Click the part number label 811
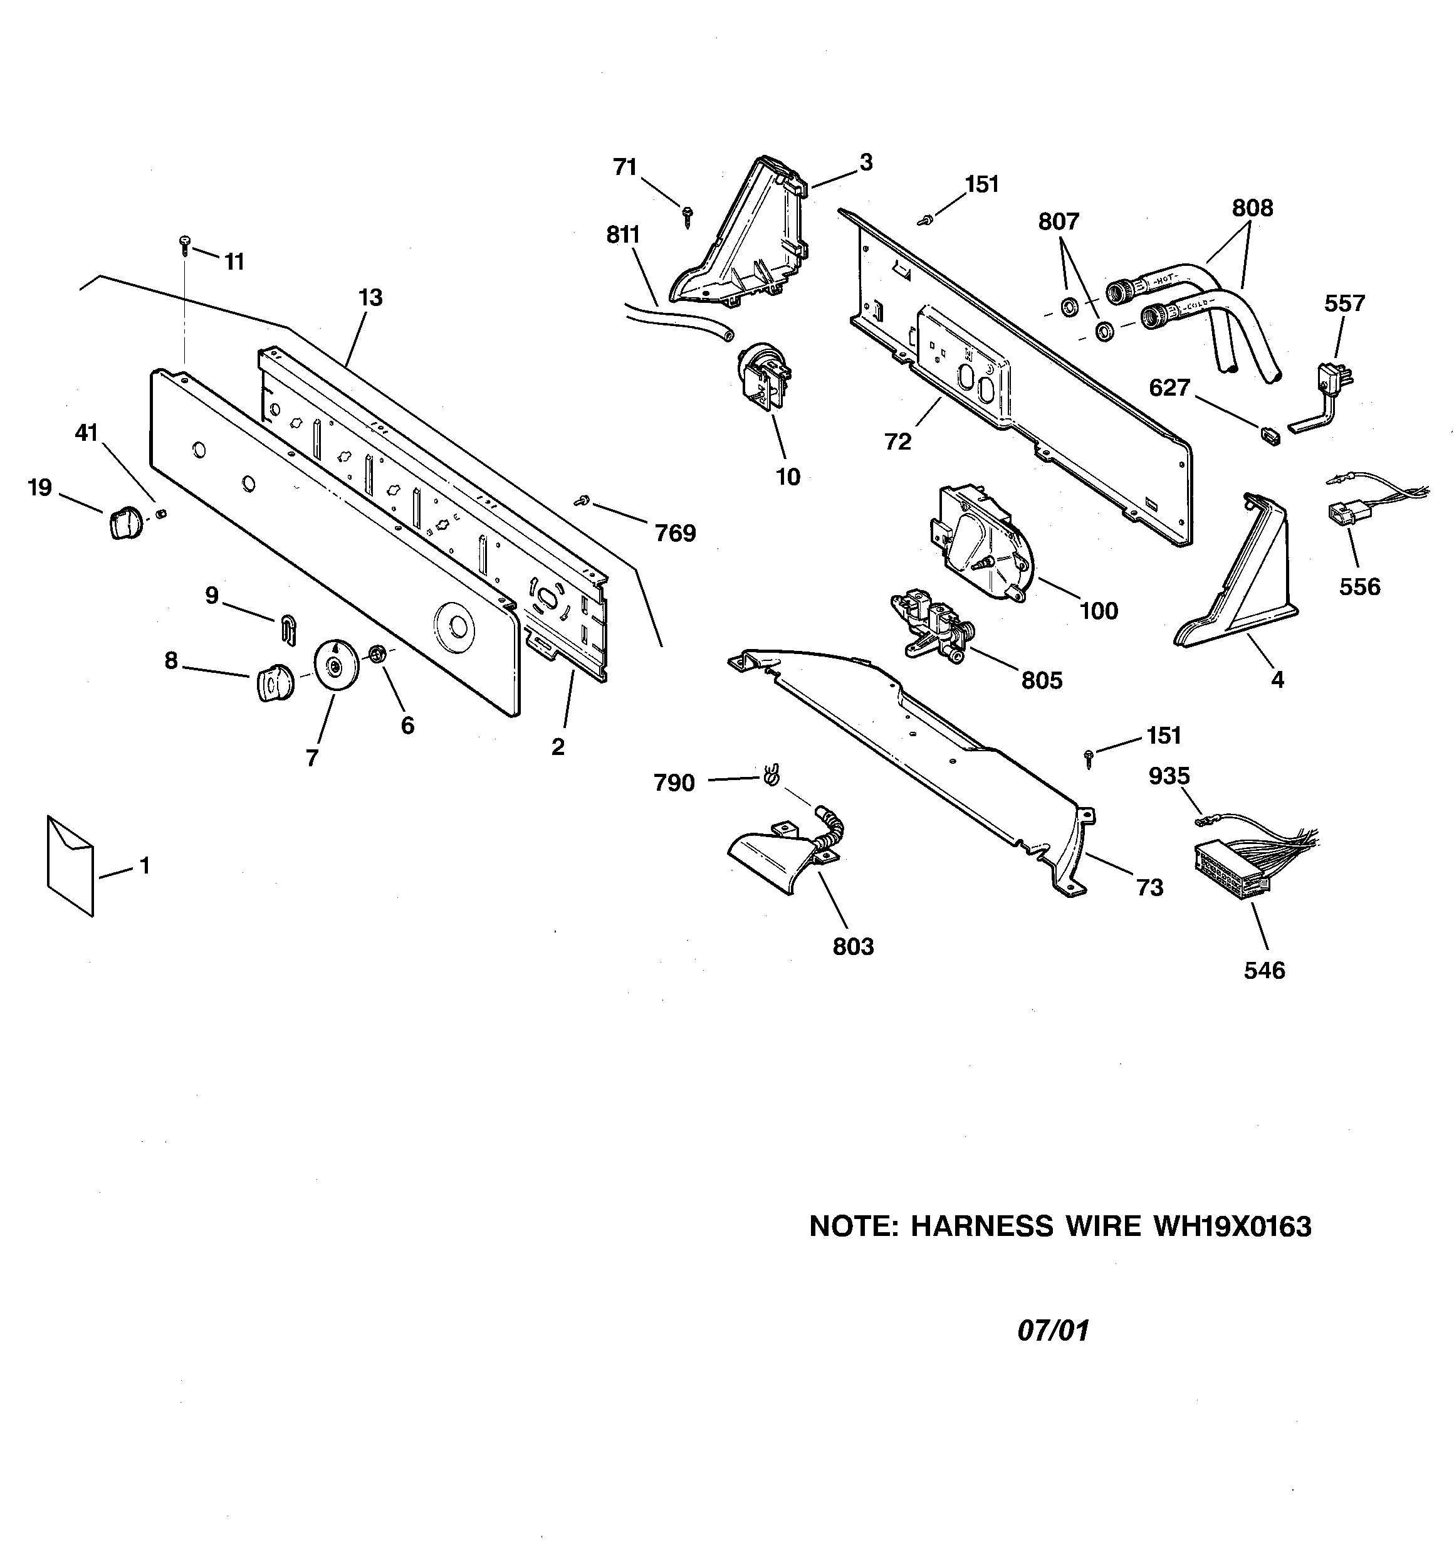[x=623, y=234]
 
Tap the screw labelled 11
[x=185, y=245]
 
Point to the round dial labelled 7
[x=335, y=663]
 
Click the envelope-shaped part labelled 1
[x=70, y=865]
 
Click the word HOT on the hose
[x=1164, y=278]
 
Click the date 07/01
[x=1053, y=1330]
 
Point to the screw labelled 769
[x=581, y=500]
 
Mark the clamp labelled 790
[x=770, y=774]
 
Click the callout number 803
[x=853, y=946]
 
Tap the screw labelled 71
[x=688, y=216]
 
